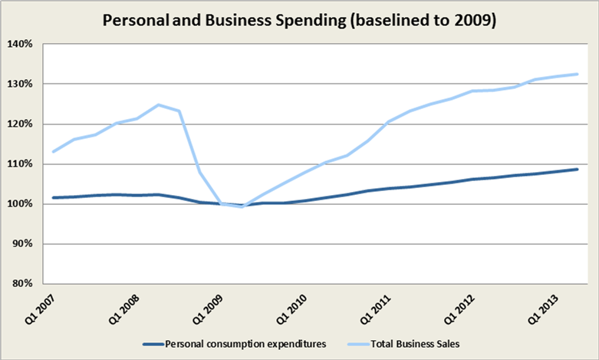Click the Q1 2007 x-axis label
pos(38,308)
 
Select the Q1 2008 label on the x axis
pos(123,308)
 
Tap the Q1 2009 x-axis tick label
pos(206,308)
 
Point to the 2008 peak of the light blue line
pos(159,104)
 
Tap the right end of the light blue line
pos(578,74)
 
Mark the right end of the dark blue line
pos(578,169)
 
